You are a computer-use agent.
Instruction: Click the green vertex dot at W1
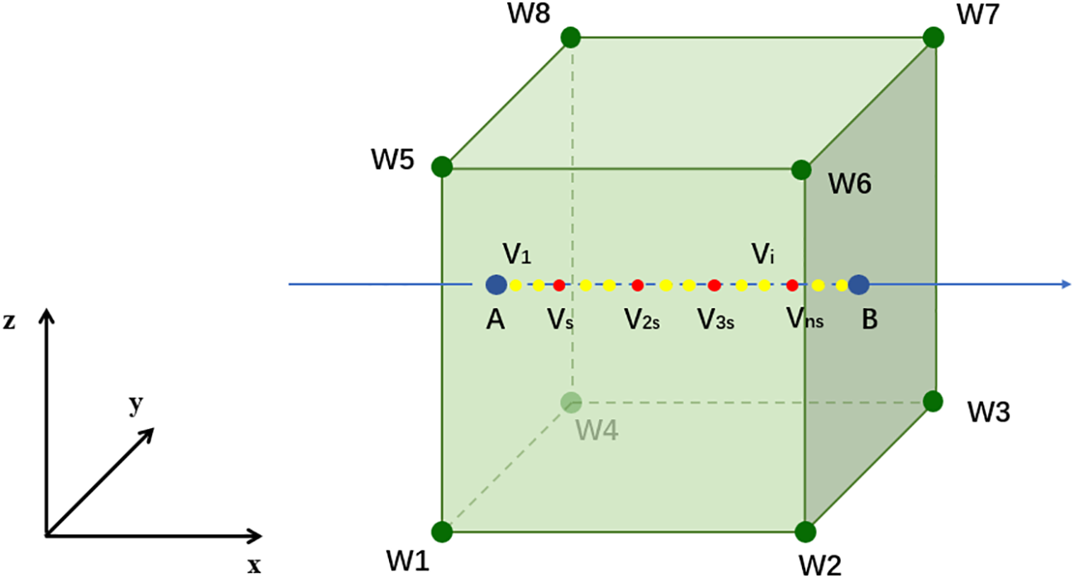(442, 532)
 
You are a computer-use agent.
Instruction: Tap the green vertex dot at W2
(804, 532)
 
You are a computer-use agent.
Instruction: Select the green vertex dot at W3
(933, 402)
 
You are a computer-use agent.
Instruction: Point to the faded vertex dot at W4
(570, 402)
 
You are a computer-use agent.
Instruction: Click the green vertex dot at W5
(442, 166)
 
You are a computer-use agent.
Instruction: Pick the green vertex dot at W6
(801, 170)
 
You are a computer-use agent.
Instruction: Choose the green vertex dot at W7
(933, 37)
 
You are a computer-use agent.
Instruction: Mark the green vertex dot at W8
(570, 37)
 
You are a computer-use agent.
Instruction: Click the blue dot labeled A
(496, 285)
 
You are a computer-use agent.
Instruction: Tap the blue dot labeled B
(858, 285)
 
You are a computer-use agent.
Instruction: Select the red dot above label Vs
(559, 286)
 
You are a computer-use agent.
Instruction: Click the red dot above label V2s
(637, 286)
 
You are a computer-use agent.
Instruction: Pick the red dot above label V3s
(714, 286)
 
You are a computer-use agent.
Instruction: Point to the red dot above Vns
(792, 286)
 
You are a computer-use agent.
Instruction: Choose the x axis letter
(254, 566)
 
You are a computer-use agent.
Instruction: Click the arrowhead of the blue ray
(1066, 285)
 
